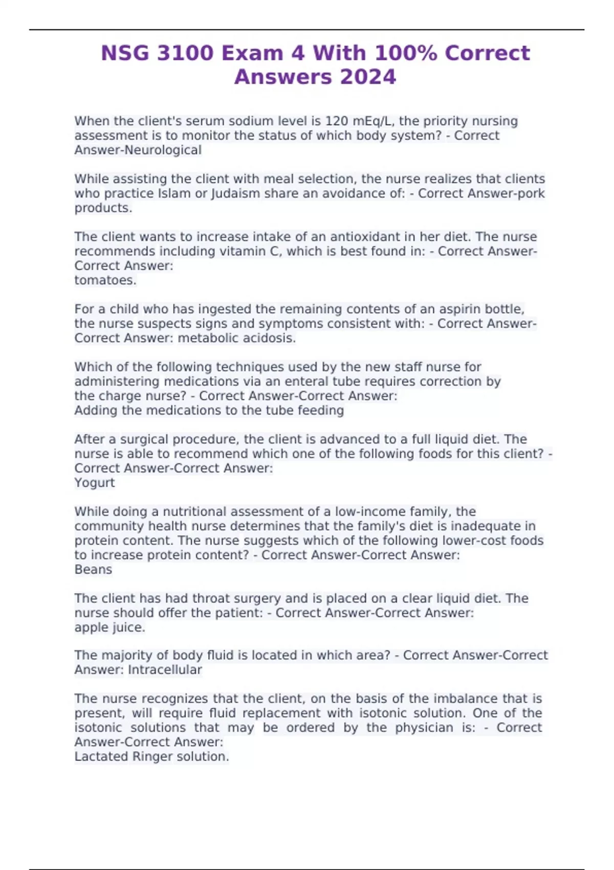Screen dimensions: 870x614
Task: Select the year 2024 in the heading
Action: pyautogui.click(x=367, y=77)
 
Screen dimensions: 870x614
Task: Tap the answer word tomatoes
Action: pyautogui.click(x=105, y=280)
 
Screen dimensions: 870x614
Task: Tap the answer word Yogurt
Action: pyautogui.click(x=95, y=483)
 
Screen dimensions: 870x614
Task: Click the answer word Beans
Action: pyautogui.click(x=93, y=570)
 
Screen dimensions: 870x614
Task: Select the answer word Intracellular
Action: pyautogui.click(x=165, y=670)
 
